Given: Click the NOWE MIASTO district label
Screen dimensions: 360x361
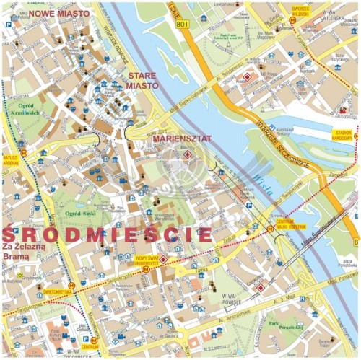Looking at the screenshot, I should (x=58, y=13).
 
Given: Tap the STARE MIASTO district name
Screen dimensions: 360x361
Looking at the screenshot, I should (x=142, y=80).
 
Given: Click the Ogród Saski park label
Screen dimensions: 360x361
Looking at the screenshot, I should (x=82, y=214).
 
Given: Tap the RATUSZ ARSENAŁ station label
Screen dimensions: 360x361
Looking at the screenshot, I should (x=9, y=159).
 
